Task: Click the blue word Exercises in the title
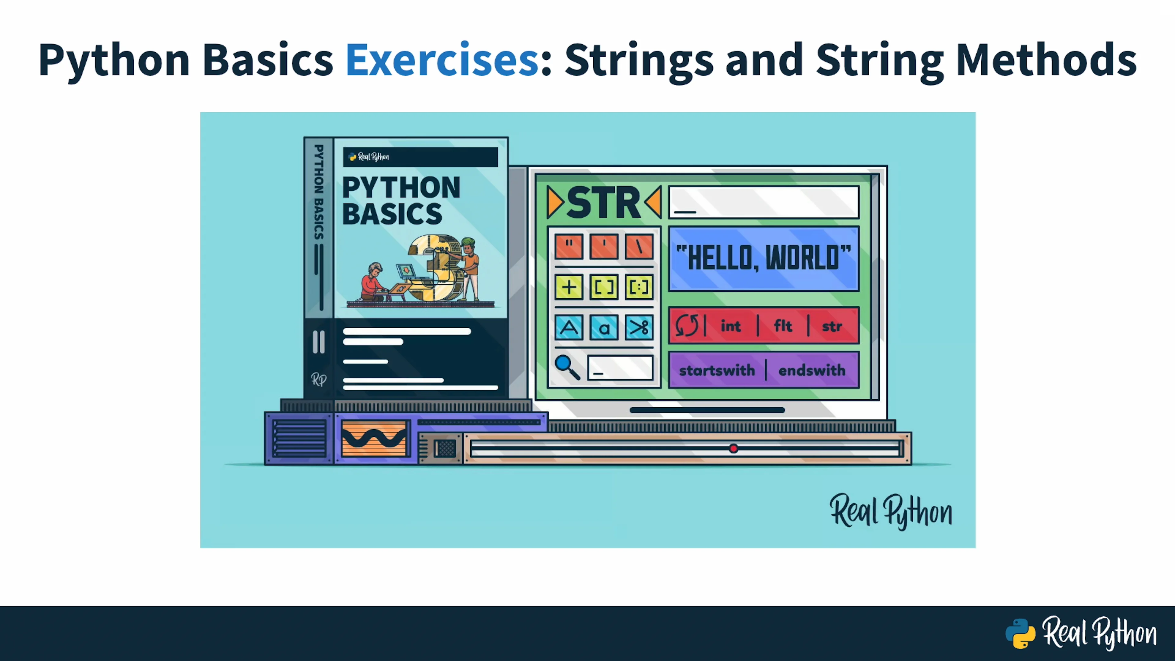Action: click(x=442, y=59)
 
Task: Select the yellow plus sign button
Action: click(x=569, y=287)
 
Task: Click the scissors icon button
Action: click(x=639, y=327)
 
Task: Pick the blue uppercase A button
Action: click(x=569, y=327)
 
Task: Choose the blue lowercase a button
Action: click(x=604, y=327)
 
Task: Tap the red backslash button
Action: click(x=639, y=246)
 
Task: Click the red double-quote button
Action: click(x=569, y=246)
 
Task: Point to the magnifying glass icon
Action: click(x=567, y=367)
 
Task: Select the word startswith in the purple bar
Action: click(x=717, y=370)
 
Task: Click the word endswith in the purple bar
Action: click(x=812, y=370)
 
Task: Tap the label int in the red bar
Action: click(x=731, y=326)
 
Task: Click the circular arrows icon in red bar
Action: click(x=686, y=326)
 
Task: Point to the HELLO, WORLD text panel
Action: click(x=763, y=259)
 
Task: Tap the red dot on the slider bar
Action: click(x=733, y=448)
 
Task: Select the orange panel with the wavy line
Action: click(x=374, y=439)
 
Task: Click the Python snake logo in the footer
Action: click(x=1020, y=634)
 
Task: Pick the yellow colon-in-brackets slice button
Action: click(x=639, y=287)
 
